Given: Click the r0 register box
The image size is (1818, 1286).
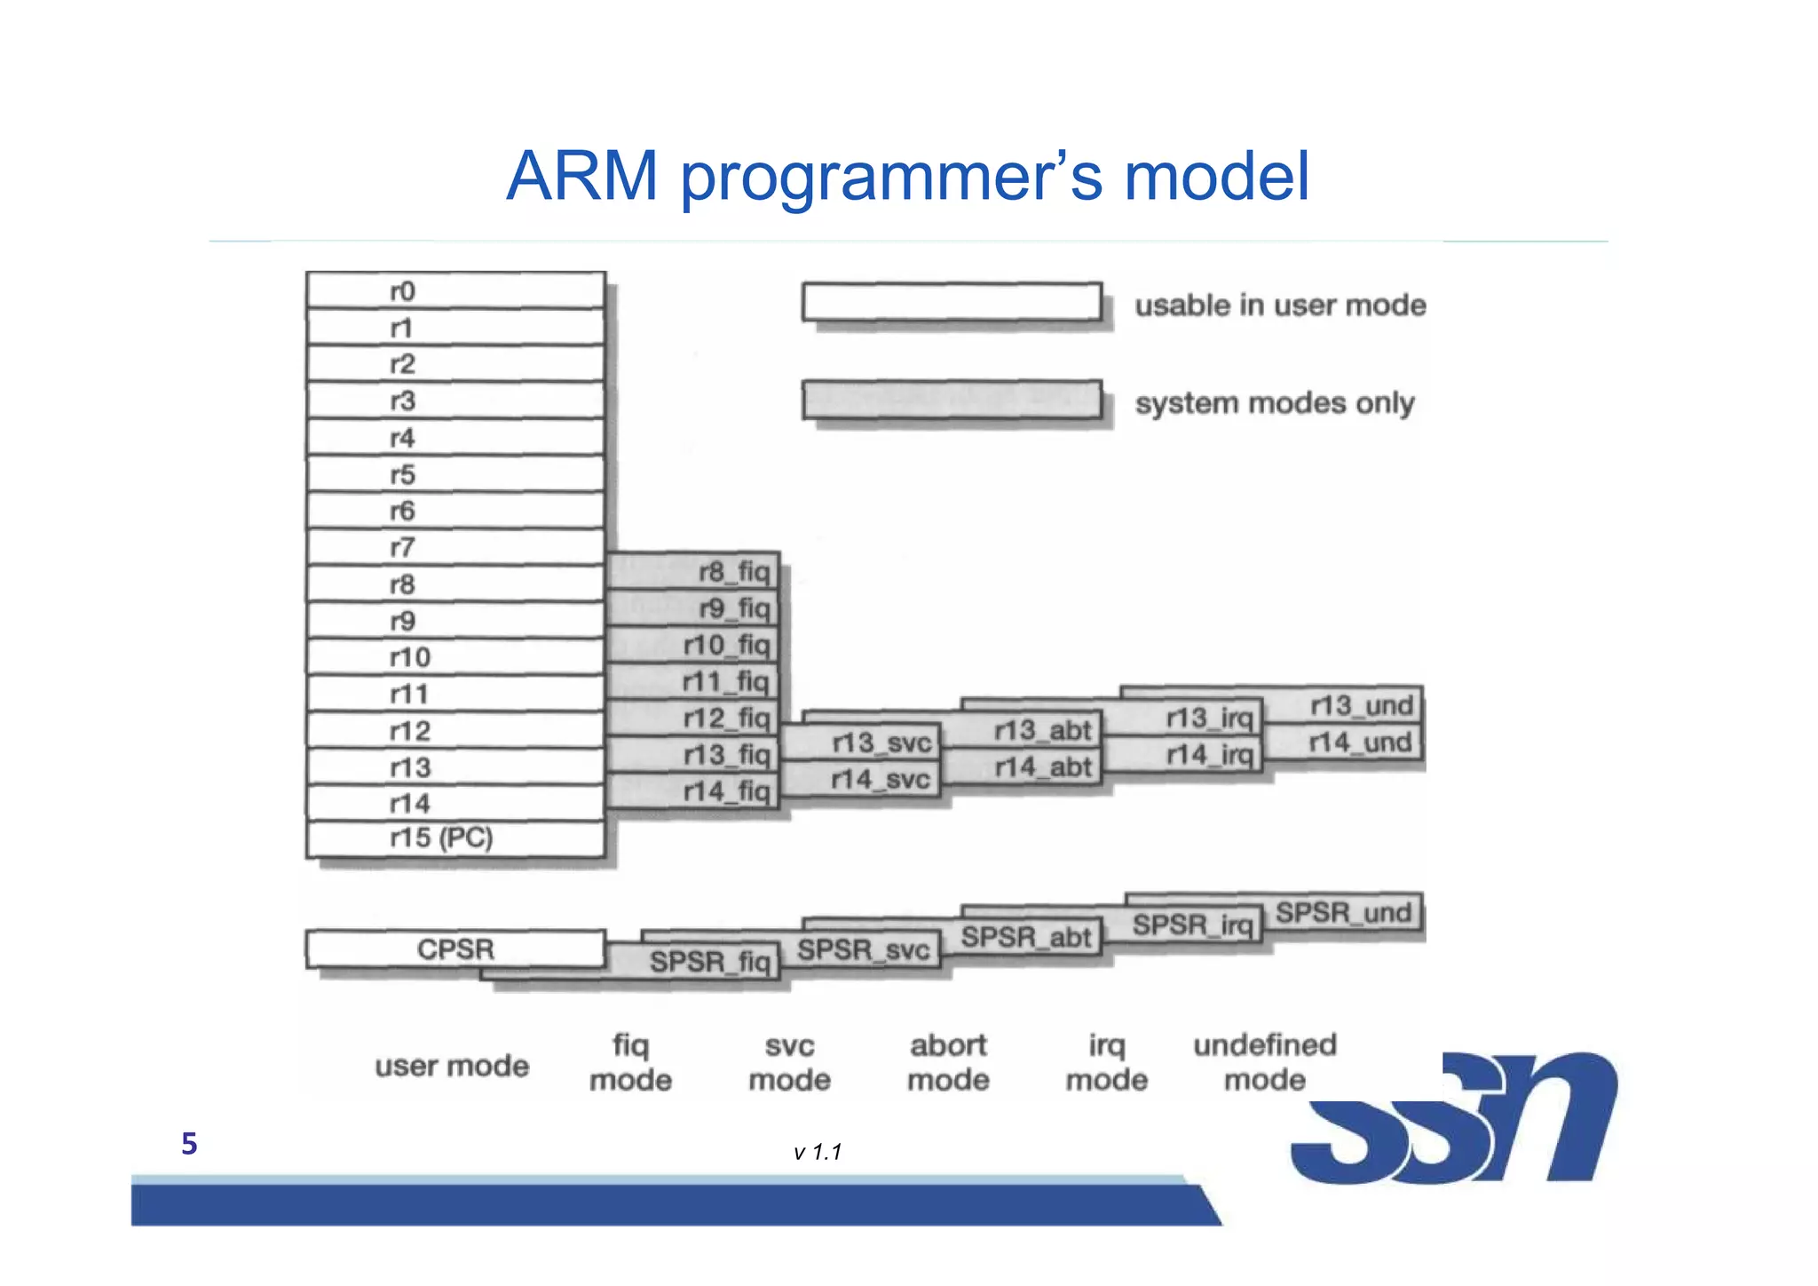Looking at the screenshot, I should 455,291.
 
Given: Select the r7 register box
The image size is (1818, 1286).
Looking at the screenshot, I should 455,547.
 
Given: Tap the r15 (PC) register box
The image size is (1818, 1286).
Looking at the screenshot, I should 455,838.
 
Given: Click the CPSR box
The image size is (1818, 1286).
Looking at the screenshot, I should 455,949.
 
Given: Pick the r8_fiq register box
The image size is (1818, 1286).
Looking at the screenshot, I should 693,571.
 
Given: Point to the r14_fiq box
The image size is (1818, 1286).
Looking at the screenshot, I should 693,790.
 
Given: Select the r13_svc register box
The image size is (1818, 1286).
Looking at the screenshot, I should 861,742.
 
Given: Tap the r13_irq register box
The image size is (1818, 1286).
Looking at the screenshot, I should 1185,718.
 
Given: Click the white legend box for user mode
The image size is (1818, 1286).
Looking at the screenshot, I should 952,302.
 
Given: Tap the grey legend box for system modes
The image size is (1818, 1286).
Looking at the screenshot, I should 952,401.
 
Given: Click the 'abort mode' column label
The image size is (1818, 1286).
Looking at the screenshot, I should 948,1062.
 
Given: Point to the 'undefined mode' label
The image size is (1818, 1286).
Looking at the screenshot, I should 1264,1062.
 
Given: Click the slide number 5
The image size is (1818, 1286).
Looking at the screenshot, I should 189,1144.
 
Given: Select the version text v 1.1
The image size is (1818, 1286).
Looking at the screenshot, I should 818,1153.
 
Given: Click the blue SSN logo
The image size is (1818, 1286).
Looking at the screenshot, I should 1456,1119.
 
